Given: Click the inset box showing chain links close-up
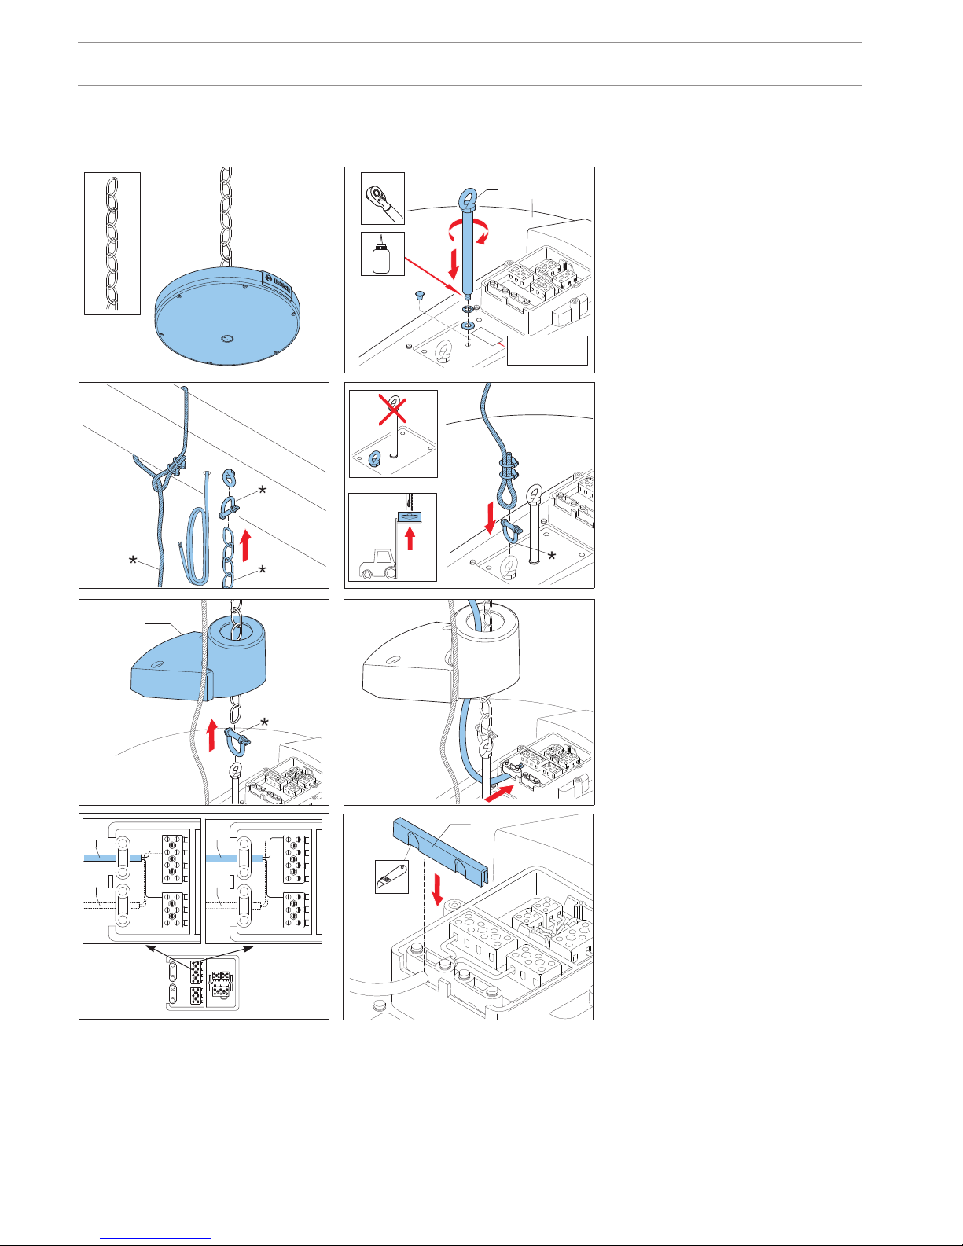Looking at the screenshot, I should [x=112, y=243].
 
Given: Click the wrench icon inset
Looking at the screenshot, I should [x=383, y=198].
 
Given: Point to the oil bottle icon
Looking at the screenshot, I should [x=382, y=254].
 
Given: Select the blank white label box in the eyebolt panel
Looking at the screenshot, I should [x=547, y=350].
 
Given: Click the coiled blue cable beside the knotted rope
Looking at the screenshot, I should [x=197, y=542].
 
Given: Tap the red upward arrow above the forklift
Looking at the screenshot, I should [x=410, y=539].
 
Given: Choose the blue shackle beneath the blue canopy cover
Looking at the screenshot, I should [x=234, y=739].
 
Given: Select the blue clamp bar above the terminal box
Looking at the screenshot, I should [x=440, y=849].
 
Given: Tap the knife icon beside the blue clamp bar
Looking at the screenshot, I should [x=391, y=876].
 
